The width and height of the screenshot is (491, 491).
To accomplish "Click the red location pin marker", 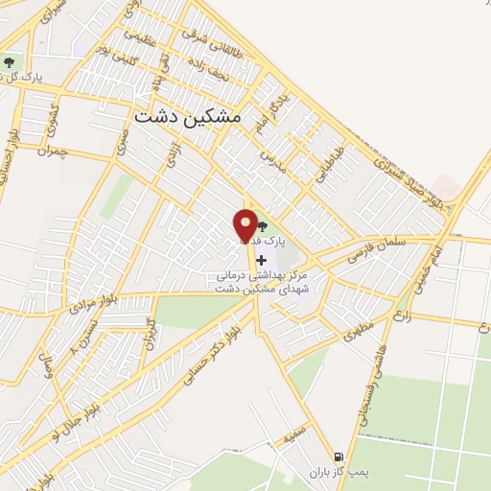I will pos(246,226).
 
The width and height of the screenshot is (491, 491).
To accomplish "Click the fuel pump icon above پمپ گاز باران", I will pos(338,456).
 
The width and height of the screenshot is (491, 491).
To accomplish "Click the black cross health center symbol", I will pos(261,259).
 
